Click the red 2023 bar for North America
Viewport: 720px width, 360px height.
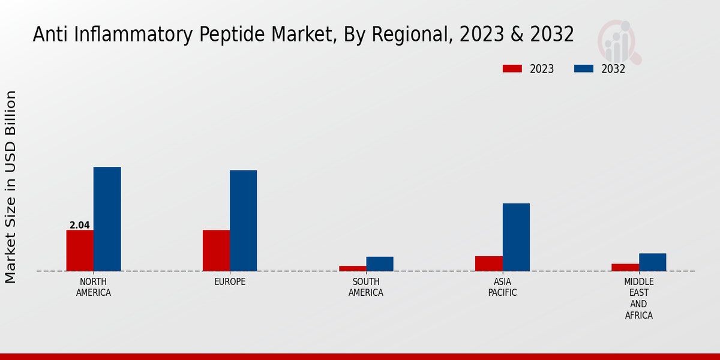click(80, 250)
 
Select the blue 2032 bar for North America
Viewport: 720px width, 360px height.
click(107, 219)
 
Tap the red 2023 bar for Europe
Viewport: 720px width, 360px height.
click(216, 250)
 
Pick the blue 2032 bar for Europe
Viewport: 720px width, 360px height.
click(244, 221)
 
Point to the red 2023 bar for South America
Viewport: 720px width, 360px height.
click(352, 268)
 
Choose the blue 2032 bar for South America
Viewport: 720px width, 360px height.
click(380, 264)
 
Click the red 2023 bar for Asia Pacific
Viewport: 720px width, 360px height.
click(489, 263)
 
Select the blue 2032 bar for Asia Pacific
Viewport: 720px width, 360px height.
click(516, 237)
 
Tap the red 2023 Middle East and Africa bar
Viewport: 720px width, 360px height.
click(625, 267)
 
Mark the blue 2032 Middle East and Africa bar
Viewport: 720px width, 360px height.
click(653, 262)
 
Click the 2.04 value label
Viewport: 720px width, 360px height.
click(80, 226)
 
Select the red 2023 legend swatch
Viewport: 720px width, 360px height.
click(512, 68)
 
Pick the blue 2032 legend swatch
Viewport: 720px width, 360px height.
click(583, 68)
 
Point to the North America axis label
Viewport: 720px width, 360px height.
click(94, 287)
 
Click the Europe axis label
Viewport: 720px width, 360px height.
click(230, 282)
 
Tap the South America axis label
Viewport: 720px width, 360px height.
click(366, 287)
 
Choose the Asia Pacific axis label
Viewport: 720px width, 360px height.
click(503, 287)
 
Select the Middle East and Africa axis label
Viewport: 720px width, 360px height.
click(639, 298)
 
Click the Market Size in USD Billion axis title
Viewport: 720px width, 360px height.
click(11, 187)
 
